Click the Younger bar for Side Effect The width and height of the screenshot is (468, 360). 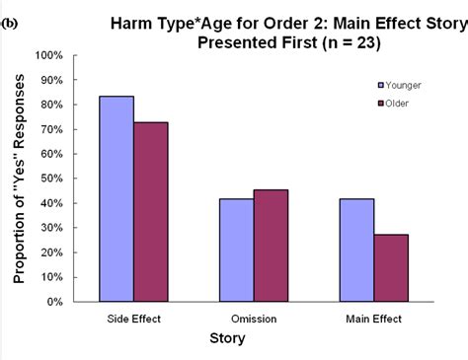pyautogui.click(x=116, y=198)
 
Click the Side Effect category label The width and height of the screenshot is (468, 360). pyautogui.click(x=132, y=318)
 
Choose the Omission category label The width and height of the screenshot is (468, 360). pyautogui.click(x=253, y=318)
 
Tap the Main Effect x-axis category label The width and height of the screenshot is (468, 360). pyautogui.click(x=373, y=318)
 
